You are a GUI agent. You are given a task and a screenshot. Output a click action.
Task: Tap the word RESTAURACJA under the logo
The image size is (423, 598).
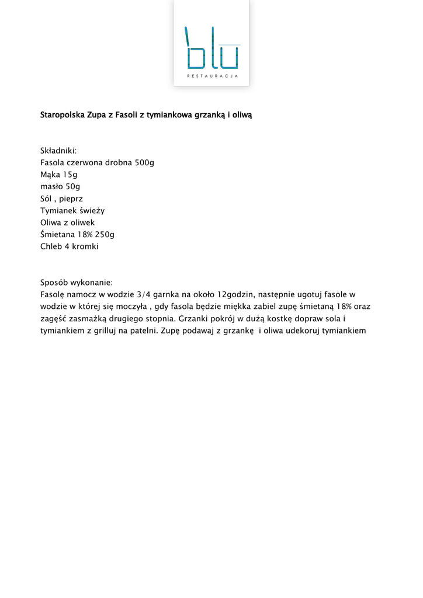click(211, 76)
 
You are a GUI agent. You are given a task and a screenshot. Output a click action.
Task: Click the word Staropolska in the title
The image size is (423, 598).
click(62, 115)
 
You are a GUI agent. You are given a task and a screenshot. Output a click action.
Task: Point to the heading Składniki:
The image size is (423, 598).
click(58, 151)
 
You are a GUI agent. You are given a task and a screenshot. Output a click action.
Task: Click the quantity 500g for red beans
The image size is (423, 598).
click(144, 163)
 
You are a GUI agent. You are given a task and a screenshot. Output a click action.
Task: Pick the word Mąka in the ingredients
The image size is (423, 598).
click(50, 175)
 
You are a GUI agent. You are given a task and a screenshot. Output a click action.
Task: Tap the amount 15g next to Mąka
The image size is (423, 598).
click(70, 175)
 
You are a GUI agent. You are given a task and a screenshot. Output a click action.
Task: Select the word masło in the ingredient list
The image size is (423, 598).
click(51, 187)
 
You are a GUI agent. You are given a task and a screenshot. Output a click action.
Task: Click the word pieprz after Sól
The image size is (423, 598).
click(71, 199)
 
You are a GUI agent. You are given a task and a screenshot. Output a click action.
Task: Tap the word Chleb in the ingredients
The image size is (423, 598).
click(51, 246)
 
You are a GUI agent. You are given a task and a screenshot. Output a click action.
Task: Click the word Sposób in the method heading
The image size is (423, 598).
click(54, 283)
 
